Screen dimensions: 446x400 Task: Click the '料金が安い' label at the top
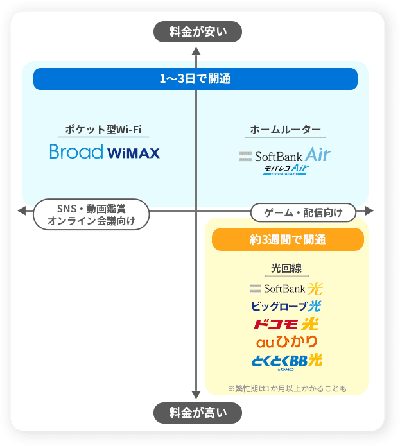[x=198, y=31]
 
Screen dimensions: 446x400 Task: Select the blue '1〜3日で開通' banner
[x=195, y=79]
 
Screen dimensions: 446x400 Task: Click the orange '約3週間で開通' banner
[x=288, y=240]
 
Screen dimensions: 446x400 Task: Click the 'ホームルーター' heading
[x=285, y=130]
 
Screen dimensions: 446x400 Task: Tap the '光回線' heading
[x=287, y=268]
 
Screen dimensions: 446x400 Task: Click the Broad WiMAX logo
[x=105, y=153]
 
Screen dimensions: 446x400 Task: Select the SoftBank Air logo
[x=285, y=155]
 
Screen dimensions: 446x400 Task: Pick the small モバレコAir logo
[x=286, y=169]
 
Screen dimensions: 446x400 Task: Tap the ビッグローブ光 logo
[x=286, y=305]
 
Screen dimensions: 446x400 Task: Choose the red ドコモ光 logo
[x=286, y=323]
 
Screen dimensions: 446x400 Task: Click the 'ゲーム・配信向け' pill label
[x=304, y=211]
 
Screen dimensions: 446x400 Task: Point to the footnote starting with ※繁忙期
[x=287, y=388]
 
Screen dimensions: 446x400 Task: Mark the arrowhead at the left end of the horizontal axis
[x=22, y=210]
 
